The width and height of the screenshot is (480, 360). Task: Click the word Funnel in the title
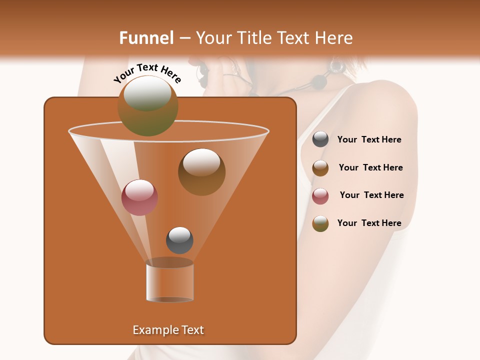tap(146, 38)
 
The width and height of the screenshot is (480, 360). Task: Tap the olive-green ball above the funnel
tap(148, 106)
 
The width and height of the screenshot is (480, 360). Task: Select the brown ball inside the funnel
tap(201, 172)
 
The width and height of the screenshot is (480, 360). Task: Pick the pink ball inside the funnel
tap(140, 197)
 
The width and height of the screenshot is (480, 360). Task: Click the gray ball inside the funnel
tap(179, 240)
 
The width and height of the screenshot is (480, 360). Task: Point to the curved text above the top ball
tap(147, 73)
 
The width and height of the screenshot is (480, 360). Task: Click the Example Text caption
tap(168, 330)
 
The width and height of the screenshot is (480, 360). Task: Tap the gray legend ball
tap(320, 139)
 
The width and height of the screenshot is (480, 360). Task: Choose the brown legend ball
tap(320, 168)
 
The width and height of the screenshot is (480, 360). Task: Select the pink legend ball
tap(320, 196)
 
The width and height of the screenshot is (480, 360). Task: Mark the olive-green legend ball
tap(320, 223)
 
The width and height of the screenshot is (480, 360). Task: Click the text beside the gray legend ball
tap(369, 140)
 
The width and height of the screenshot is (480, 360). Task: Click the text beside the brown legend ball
tap(370, 168)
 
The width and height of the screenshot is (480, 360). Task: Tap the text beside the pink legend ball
tap(371, 195)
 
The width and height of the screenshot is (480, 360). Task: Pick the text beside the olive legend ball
tap(369, 223)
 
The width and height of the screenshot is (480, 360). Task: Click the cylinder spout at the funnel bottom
tap(170, 281)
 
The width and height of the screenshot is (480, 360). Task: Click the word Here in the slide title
tap(334, 38)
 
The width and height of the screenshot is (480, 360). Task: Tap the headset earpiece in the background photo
tap(335, 65)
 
